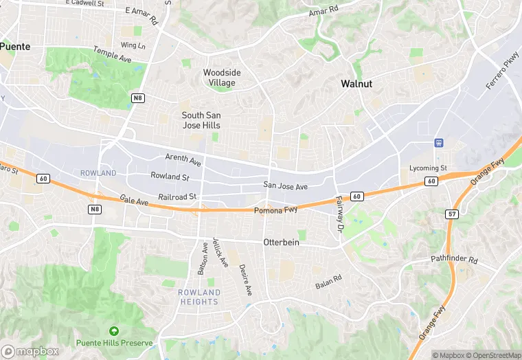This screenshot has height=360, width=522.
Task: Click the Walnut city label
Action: pyautogui.click(x=356, y=84)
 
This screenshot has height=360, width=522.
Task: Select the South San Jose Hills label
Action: pyautogui.click(x=201, y=120)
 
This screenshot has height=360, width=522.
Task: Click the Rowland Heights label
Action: pyautogui.click(x=199, y=297)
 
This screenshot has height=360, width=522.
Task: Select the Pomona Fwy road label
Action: pyautogui.click(x=275, y=210)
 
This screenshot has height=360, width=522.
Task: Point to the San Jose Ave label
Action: pyautogui.click(x=286, y=186)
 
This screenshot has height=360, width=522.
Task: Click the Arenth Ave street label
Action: pyautogui.click(x=183, y=160)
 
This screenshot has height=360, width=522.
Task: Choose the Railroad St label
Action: pyautogui.click(x=177, y=196)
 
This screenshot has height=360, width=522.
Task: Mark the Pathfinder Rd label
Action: pyautogui.click(x=453, y=259)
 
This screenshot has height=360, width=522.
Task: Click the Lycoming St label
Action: pyautogui.click(x=428, y=168)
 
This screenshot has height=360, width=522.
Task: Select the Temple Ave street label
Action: pyautogui.click(x=113, y=54)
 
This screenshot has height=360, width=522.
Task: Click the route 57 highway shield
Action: pyautogui.click(x=451, y=214)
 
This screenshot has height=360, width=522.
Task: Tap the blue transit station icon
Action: pyautogui.click(x=438, y=143)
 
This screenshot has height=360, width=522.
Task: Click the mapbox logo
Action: pyautogui.click(x=29, y=350)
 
